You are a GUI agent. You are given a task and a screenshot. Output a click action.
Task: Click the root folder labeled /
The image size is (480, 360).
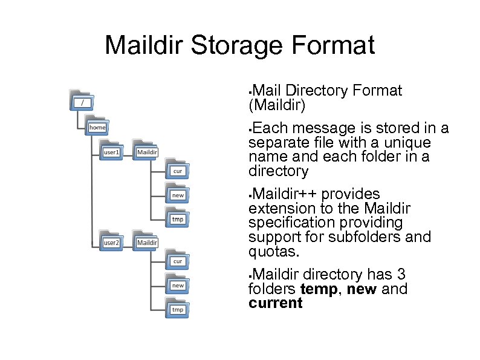(82, 101)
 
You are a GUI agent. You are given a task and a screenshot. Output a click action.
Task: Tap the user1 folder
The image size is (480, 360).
(112, 151)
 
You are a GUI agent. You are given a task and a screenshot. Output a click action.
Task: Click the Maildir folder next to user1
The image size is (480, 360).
(146, 151)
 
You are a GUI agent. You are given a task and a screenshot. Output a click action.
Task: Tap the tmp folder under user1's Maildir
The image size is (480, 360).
(178, 218)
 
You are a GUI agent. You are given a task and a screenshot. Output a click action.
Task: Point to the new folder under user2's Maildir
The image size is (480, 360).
(178, 284)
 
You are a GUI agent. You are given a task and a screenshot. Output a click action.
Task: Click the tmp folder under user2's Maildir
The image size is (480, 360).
(178, 308)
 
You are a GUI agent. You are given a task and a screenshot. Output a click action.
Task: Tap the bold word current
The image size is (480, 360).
(275, 303)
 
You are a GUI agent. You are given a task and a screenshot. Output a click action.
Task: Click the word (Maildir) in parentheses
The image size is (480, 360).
(277, 106)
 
